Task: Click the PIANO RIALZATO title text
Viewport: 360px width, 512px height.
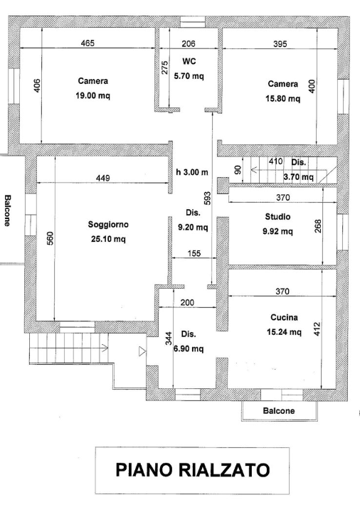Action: coord(192,470)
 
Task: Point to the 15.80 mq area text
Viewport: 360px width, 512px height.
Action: coord(282,99)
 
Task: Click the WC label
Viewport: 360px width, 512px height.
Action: coord(189,61)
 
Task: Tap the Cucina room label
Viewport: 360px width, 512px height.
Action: coord(283,318)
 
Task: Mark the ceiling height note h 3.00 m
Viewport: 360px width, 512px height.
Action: coord(192,172)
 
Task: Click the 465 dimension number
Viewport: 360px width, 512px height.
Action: coord(87,44)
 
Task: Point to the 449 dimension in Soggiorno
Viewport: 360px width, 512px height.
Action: coord(102,178)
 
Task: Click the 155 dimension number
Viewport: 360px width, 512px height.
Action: coord(192,253)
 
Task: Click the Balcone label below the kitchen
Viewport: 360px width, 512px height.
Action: coord(279,411)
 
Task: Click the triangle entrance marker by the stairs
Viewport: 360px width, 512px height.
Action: coord(141,350)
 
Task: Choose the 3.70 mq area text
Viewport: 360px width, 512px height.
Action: coord(297,176)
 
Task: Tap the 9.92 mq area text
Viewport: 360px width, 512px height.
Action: coord(277,231)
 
